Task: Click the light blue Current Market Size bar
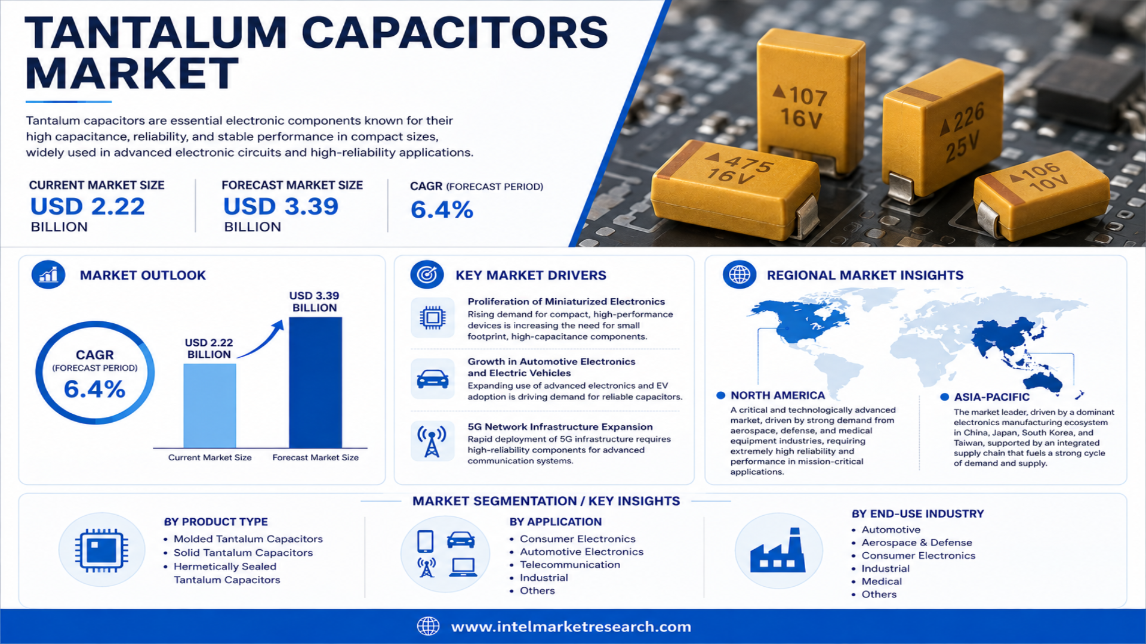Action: (x=210, y=405)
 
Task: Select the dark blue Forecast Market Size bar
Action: (x=315, y=382)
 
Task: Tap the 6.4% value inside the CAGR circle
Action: (x=95, y=389)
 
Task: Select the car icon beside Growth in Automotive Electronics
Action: (x=433, y=379)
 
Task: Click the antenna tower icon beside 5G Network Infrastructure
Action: (x=432, y=442)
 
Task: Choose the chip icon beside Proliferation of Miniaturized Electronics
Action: (x=433, y=317)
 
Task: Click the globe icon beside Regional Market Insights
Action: (x=740, y=275)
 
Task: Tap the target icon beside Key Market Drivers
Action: (x=427, y=275)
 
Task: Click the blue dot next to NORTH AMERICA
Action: (x=720, y=395)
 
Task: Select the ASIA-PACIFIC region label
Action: (x=991, y=397)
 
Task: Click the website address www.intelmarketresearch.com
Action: (x=571, y=627)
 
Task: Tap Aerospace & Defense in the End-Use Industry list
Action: (x=917, y=543)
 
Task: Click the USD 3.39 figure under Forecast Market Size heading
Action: (x=281, y=207)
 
